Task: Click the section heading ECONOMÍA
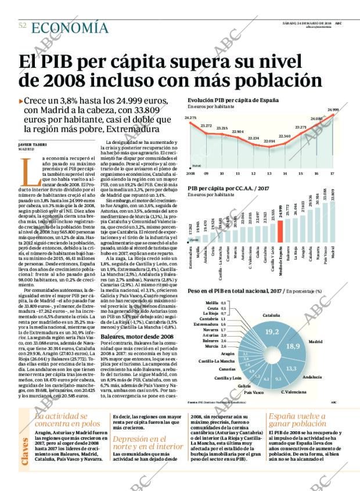click(69, 27)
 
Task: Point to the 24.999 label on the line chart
click(333, 110)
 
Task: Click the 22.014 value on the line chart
click(269, 141)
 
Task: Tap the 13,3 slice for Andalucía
click(291, 368)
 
